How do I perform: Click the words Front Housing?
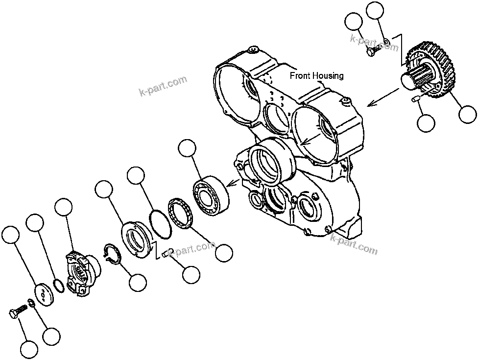[x=316, y=76]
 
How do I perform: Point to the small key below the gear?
[x=417, y=99]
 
